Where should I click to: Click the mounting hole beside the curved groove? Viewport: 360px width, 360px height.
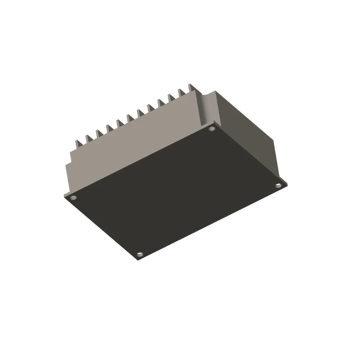tap(212, 129)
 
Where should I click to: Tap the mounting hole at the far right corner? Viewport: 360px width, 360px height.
tap(278, 185)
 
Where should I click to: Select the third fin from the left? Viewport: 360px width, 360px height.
tap(99, 134)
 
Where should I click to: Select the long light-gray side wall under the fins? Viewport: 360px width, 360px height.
tap(135, 144)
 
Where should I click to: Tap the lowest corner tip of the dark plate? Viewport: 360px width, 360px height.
tap(137, 260)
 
